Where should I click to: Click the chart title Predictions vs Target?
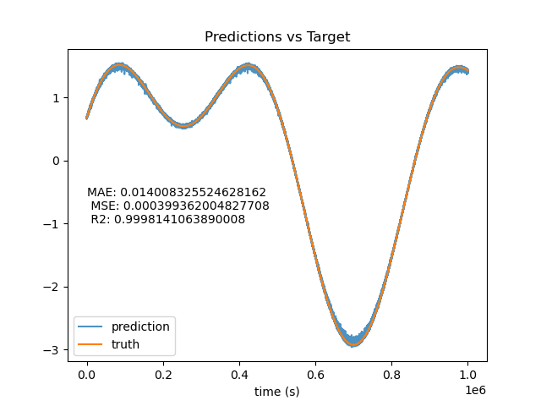(x=277, y=36)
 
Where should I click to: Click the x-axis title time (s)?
(x=276, y=392)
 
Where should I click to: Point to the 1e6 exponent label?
(x=475, y=390)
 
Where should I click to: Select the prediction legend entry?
(x=124, y=326)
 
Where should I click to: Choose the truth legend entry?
(x=108, y=344)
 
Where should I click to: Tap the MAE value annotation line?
(x=177, y=192)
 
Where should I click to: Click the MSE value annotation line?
(x=180, y=206)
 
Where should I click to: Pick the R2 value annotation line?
(x=168, y=219)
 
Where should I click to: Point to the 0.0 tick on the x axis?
(x=87, y=375)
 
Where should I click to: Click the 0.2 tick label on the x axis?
(x=163, y=375)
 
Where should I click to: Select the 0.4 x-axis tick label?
(x=239, y=375)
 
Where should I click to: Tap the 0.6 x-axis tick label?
(x=315, y=375)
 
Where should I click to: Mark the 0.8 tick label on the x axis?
(x=391, y=375)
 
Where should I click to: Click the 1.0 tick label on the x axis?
(x=467, y=375)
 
